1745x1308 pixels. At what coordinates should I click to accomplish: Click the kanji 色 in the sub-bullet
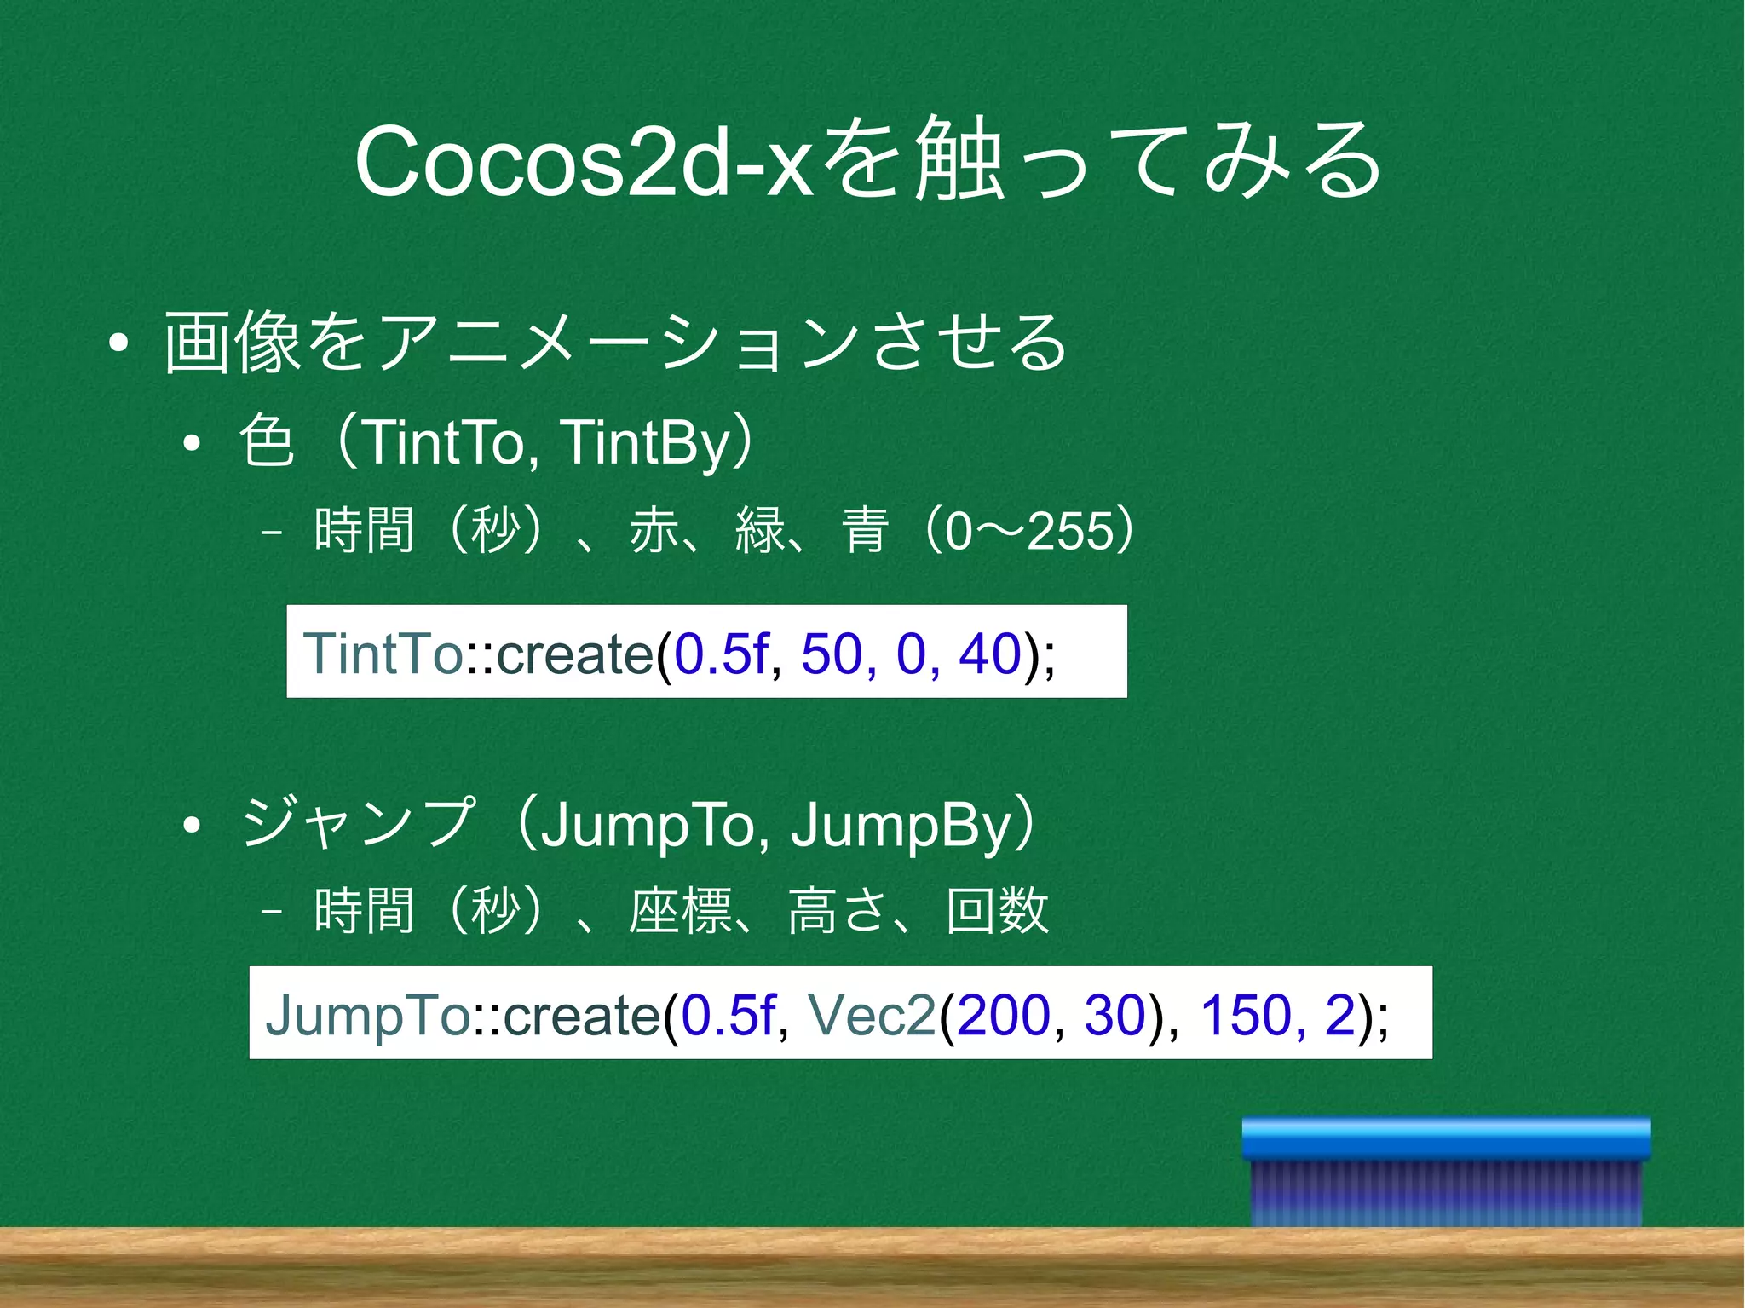click(267, 441)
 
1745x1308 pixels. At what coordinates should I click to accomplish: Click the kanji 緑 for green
click(759, 530)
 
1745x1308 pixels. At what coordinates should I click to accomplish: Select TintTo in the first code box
click(383, 654)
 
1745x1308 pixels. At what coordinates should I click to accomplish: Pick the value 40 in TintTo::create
click(989, 654)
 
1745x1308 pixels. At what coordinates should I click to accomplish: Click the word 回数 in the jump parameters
click(997, 910)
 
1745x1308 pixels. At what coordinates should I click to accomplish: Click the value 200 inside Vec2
click(1003, 1014)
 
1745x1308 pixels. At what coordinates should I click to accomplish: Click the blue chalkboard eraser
click(1446, 1171)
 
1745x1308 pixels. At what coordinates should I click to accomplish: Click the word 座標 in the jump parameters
click(681, 910)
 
